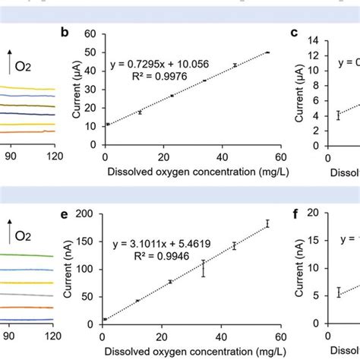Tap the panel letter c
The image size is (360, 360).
[295, 33]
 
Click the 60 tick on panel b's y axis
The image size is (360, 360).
[94, 34]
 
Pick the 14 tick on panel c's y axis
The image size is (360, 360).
[318, 34]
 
